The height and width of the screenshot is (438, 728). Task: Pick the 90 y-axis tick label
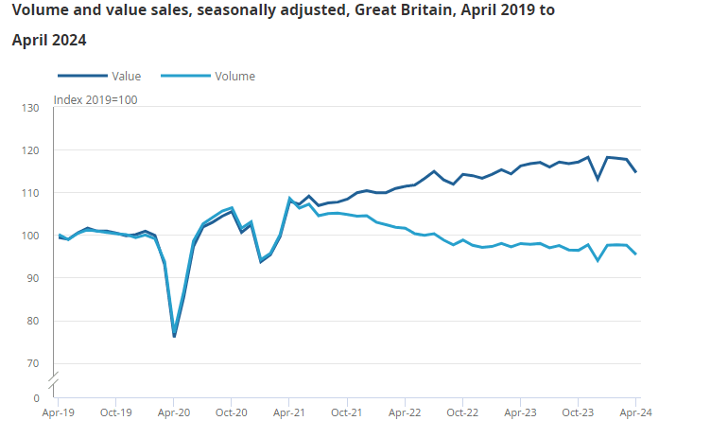33,278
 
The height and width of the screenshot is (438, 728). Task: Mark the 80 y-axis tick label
33,321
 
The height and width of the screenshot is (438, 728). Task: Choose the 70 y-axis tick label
33,363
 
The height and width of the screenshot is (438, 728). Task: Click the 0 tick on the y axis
37,398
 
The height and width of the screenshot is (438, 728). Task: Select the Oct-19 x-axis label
115,412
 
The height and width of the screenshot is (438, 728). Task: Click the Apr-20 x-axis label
174,412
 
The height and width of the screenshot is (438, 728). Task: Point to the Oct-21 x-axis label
347,412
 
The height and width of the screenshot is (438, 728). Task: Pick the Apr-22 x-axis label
405,412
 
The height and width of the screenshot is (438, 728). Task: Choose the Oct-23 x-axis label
578,412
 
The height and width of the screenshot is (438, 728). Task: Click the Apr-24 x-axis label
635,412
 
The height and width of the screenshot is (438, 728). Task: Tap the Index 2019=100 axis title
95,100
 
